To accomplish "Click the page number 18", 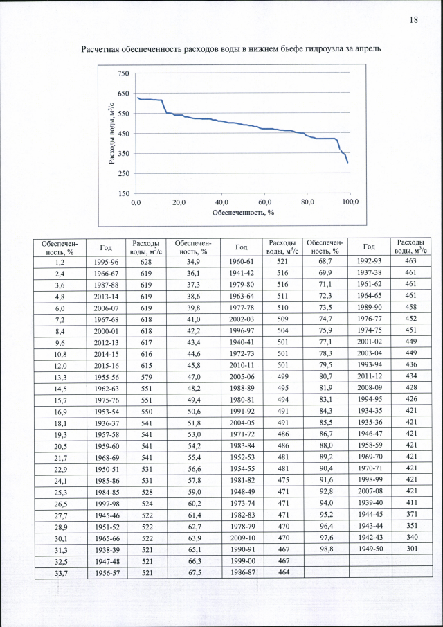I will [x=413, y=19].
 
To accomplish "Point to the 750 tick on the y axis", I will [x=123, y=73].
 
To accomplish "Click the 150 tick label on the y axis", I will [x=123, y=194].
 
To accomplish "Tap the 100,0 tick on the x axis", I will [x=350, y=202].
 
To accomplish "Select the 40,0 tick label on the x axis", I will [x=222, y=202].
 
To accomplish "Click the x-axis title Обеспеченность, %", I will [x=243, y=213].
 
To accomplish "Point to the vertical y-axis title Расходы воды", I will [x=111, y=133].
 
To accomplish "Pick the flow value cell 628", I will [x=146, y=263].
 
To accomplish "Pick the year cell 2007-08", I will [x=369, y=489].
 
